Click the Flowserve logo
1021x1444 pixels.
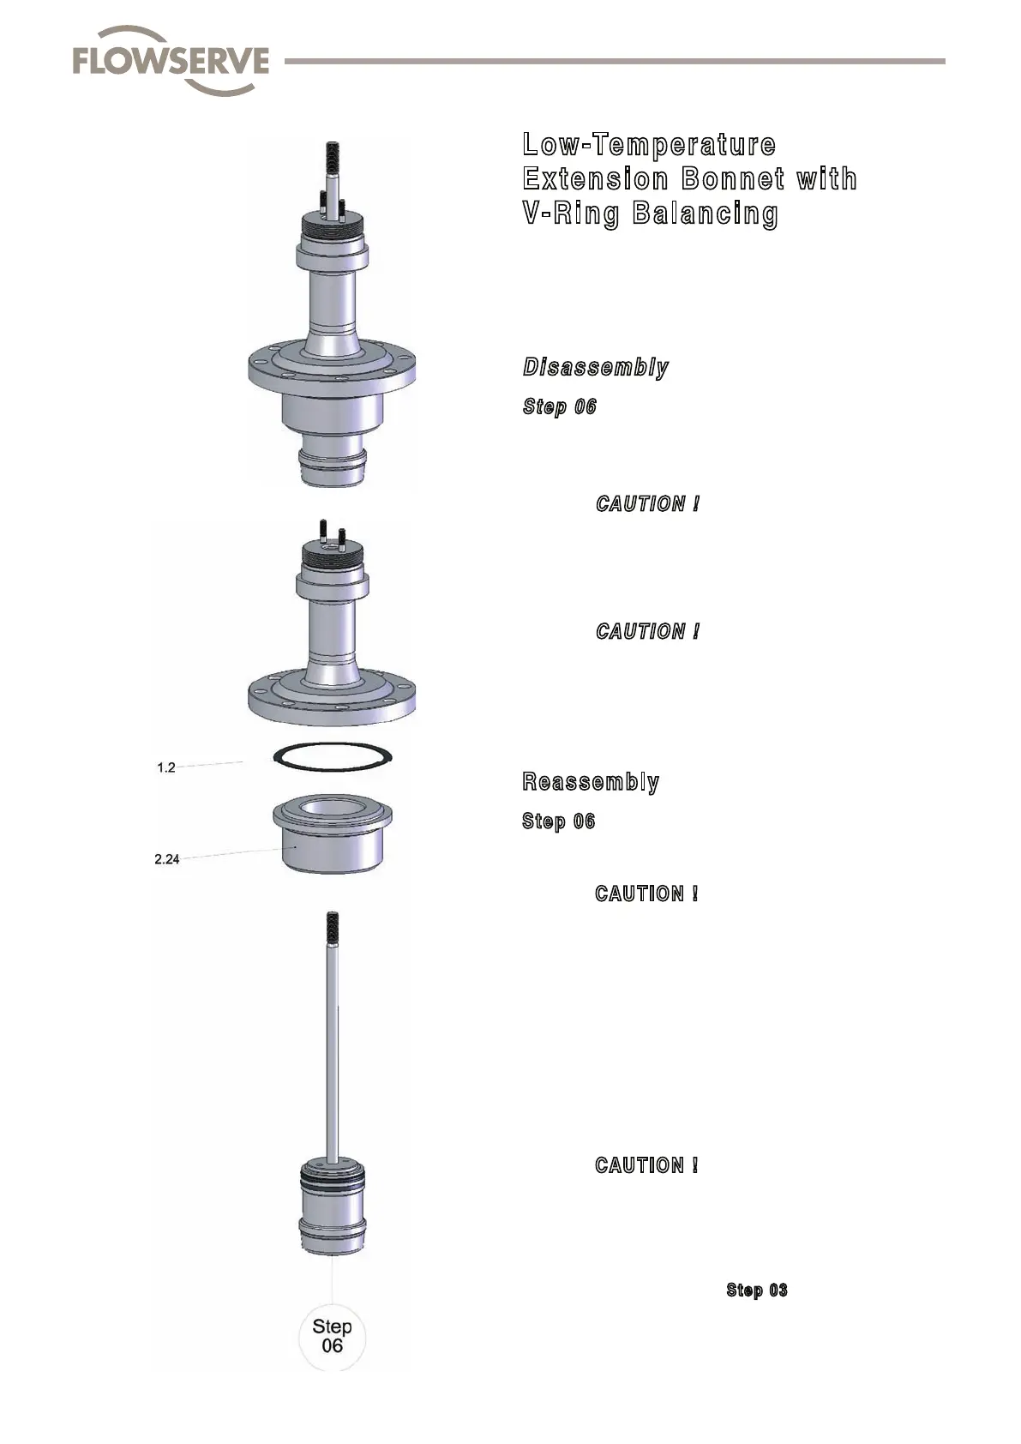pyautogui.click(x=171, y=61)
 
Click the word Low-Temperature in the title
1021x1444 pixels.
pyautogui.click(x=649, y=144)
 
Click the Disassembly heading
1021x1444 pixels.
pyautogui.click(x=596, y=368)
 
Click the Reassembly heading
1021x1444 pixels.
pyautogui.click(x=591, y=782)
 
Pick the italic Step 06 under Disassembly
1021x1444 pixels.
pyautogui.click(x=560, y=406)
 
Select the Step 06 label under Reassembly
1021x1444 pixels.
pyautogui.click(x=559, y=821)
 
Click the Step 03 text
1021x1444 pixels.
pyautogui.click(x=756, y=1291)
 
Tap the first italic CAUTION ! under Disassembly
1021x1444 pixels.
pyautogui.click(x=647, y=504)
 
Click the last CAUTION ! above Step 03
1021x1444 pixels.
pyautogui.click(x=646, y=1165)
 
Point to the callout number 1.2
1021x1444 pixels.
pyautogui.click(x=166, y=767)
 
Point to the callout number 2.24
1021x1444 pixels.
pyautogui.click(x=167, y=859)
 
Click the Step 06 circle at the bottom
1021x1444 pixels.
pyautogui.click(x=332, y=1336)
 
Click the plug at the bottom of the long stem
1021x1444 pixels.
pyautogui.click(x=332, y=1209)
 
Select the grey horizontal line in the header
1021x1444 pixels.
pyautogui.click(x=614, y=62)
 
